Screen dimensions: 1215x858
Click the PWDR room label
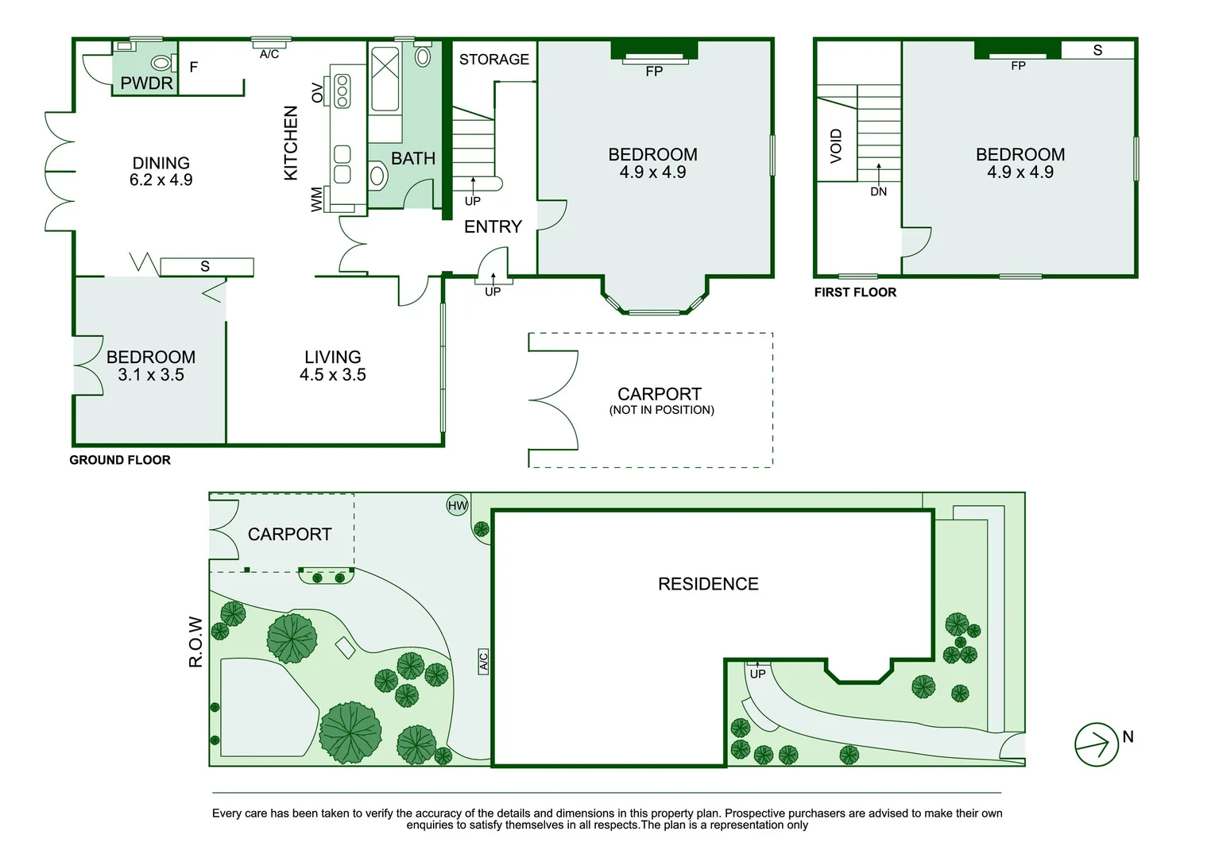point(146,83)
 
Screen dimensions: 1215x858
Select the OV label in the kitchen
point(317,93)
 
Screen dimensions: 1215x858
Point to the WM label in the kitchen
point(317,199)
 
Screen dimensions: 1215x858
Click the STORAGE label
point(494,59)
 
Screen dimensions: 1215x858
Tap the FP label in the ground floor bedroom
point(654,71)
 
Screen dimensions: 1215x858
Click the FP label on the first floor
point(1018,66)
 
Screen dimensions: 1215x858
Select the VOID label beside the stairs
point(836,146)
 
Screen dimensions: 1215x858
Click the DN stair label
point(879,191)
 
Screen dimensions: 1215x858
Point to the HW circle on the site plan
point(457,505)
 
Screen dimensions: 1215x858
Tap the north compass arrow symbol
point(1097,744)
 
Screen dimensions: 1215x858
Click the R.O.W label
point(195,642)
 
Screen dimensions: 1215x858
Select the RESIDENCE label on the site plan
point(708,584)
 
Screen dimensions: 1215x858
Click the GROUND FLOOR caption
point(120,460)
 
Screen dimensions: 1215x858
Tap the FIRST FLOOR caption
point(855,292)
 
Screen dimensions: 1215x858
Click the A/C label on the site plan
point(483,662)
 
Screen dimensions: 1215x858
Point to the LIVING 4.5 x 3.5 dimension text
point(332,374)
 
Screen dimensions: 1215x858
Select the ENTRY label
point(493,226)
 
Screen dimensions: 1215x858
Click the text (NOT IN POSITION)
point(662,410)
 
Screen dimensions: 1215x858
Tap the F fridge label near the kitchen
point(194,67)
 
